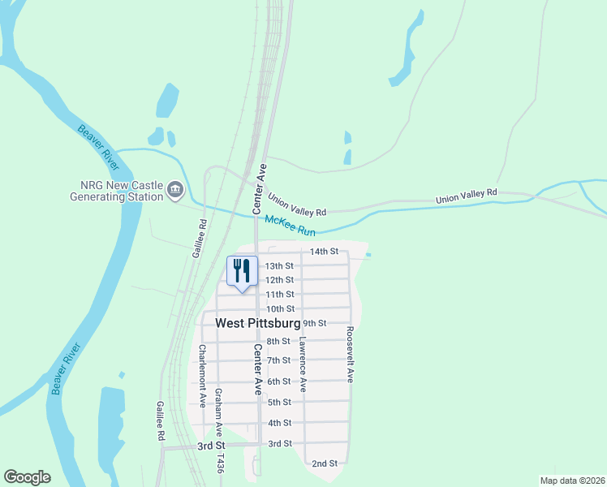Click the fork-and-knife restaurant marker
click(x=243, y=271)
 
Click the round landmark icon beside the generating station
click(x=175, y=192)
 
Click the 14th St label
click(x=323, y=252)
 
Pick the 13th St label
click(x=279, y=266)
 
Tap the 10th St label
click(x=280, y=308)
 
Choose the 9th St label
click(x=314, y=323)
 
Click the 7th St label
click(x=278, y=360)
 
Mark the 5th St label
click(x=279, y=402)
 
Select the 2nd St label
click(x=325, y=463)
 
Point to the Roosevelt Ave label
click(x=350, y=355)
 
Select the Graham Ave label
click(x=218, y=412)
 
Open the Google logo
click(x=27, y=477)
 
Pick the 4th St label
click(x=279, y=423)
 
